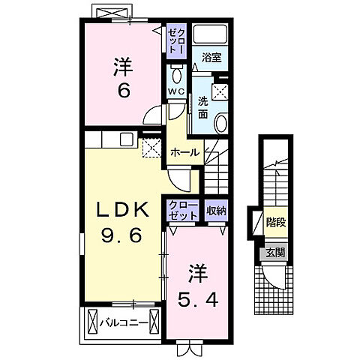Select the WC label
point(175,91)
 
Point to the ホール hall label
point(184,152)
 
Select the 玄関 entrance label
point(275,252)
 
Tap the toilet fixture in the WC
point(176,75)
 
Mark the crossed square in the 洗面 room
point(220,92)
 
